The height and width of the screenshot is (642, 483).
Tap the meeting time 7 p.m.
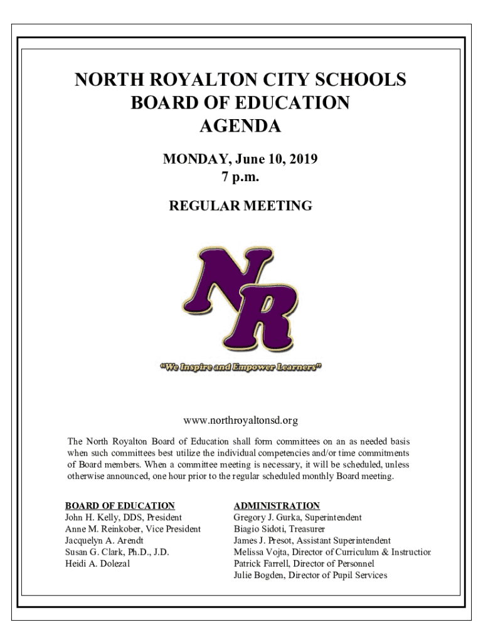click(x=240, y=177)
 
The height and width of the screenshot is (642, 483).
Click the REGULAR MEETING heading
click(x=241, y=205)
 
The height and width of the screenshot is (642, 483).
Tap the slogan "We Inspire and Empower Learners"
click(x=241, y=367)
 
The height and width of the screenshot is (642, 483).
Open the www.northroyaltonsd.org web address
click(x=241, y=418)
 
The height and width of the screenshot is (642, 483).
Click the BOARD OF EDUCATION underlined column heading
click(x=120, y=505)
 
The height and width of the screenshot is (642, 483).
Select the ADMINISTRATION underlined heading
click(x=277, y=505)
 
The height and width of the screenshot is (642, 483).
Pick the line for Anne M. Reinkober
click(x=133, y=529)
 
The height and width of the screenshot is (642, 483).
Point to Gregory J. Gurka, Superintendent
click(x=297, y=517)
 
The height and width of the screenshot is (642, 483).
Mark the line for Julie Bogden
click(x=310, y=575)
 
